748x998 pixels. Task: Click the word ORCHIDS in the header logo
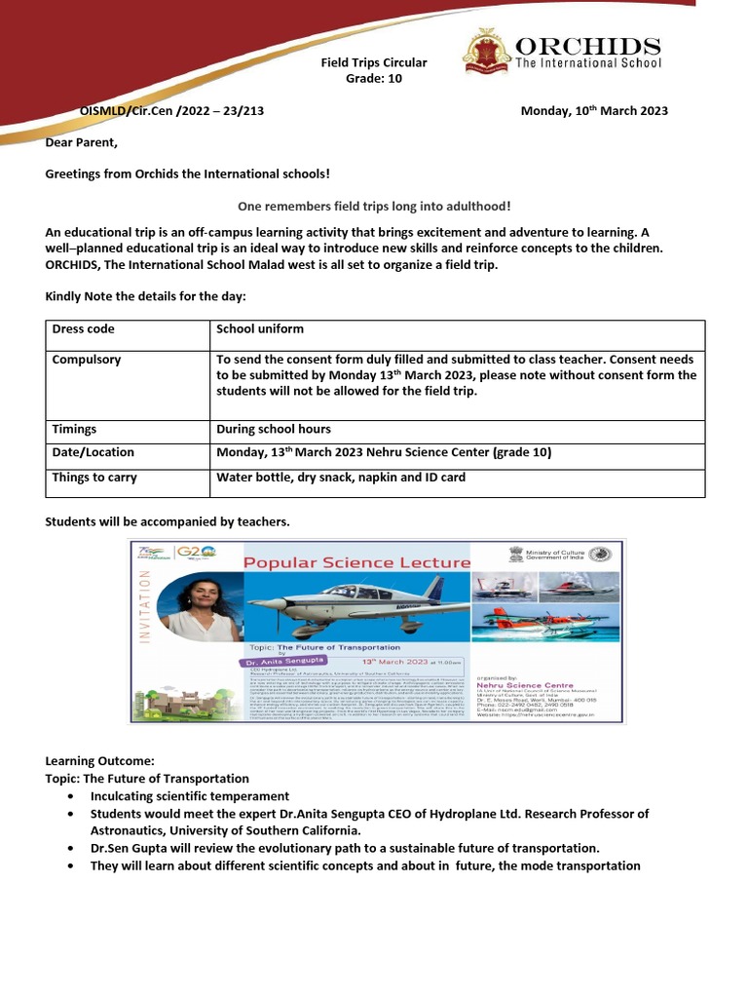[x=587, y=47]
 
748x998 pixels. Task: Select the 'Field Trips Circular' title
[x=374, y=62]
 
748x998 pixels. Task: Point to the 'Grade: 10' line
[x=374, y=79]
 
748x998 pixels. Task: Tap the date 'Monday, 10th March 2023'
[x=594, y=111]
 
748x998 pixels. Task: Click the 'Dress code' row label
[x=83, y=329]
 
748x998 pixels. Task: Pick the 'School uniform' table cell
[x=260, y=329]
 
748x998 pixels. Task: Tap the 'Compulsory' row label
[x=86, y=360]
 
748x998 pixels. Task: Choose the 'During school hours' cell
[x=274, y=429]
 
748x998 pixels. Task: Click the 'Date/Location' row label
[x=93, y=452]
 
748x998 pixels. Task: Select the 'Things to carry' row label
[x=94, y=478]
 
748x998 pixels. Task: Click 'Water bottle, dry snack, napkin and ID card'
[x=341, y=478]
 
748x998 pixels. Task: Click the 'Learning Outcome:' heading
[x=99, y=760]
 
